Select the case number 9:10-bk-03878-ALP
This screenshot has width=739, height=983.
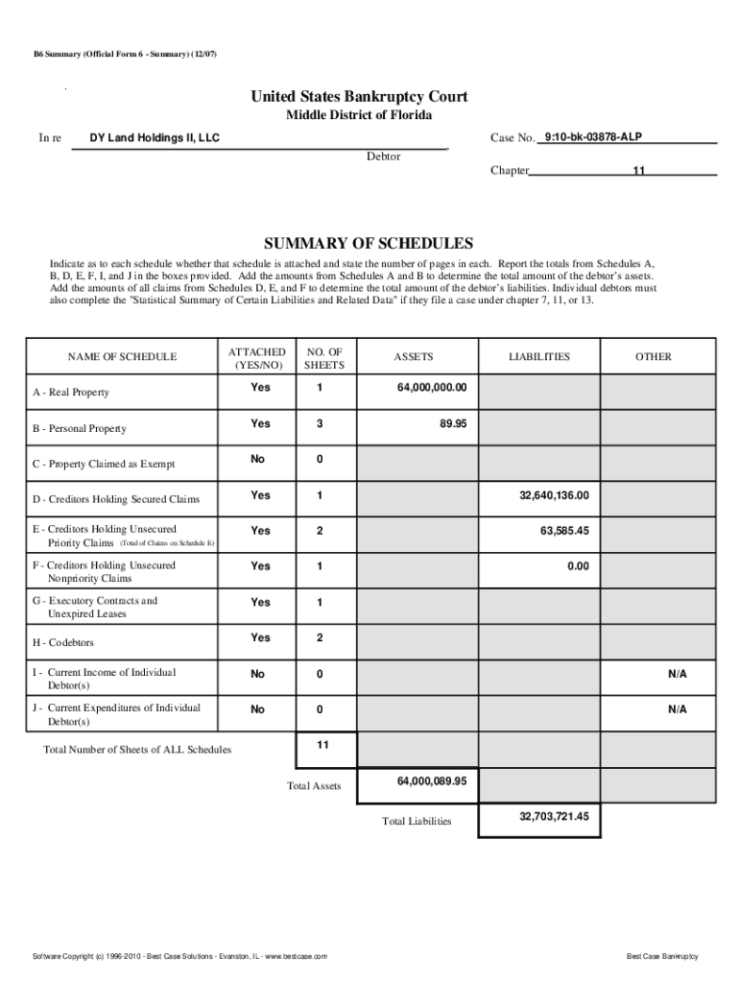[x=592, y=138]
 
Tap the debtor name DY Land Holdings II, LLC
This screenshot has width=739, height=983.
[x=155, y=138]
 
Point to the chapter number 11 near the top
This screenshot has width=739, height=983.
[x=637, y=171]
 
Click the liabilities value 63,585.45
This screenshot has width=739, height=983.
[x=564, y=531]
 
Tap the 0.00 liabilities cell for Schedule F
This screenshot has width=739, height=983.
[x=577, y=566]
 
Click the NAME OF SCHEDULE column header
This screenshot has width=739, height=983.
[x=122, y=357]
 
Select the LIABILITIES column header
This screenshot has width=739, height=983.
[x=538, y=357]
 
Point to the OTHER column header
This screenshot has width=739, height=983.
[x=653, y=357]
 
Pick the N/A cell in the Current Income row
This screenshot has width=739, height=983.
[x=678, y=674]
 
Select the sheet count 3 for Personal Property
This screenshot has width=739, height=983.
[x=319, y=423]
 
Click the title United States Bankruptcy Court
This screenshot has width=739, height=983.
[x=359, y=97]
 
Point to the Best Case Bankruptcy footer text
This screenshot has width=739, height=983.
[x=662, y=957]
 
